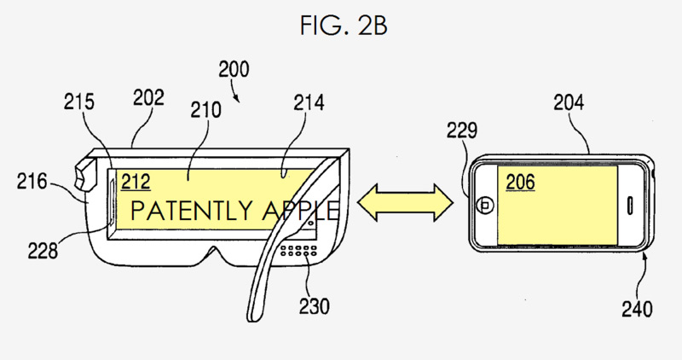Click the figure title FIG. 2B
[344, 25]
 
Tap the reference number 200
[234, 69]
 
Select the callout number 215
[78, 102]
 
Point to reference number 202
[148, 98]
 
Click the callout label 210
[205, 110]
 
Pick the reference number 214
[309, 102]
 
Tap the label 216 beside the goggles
[32, 181]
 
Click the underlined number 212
[136, 182]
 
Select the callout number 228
[43, 251]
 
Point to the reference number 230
[314, 305]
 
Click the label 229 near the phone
[462, 131]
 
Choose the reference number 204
[569, 102]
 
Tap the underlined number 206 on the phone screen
[520, 182]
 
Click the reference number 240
[637, 309]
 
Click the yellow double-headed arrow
[406, 202]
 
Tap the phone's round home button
[484, 205]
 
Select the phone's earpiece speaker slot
[629, 206]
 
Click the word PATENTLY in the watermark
[192, 210]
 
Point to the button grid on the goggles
[298, 250]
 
